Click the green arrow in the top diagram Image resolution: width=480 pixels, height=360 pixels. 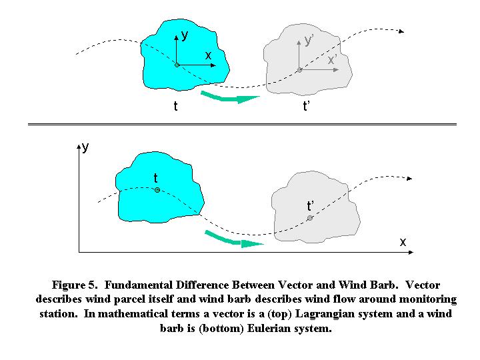(x=229, y=97)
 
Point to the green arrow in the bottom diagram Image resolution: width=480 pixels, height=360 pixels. (x=234, y=239)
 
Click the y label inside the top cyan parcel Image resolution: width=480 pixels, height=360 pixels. (x=184, y=35)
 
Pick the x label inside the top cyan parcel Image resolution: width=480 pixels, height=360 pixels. (x=208, y=55)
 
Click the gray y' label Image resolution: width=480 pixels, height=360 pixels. (x=309, y=40)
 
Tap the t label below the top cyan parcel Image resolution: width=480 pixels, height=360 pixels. (x=175, y=106)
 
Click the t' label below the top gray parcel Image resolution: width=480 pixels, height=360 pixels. (x=306, y=106)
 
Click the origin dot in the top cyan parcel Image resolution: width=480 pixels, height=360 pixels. (x=177, y=65)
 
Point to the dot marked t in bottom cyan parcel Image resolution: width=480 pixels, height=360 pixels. (x=157, y=190)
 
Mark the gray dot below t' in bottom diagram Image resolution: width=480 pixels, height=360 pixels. (x=310, y=218)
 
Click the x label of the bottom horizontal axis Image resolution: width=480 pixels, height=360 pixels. (x=403, y=242)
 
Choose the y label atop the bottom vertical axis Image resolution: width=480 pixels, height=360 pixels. (x=85, y=147)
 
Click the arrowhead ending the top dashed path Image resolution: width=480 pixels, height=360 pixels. (x=401, y=31)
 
